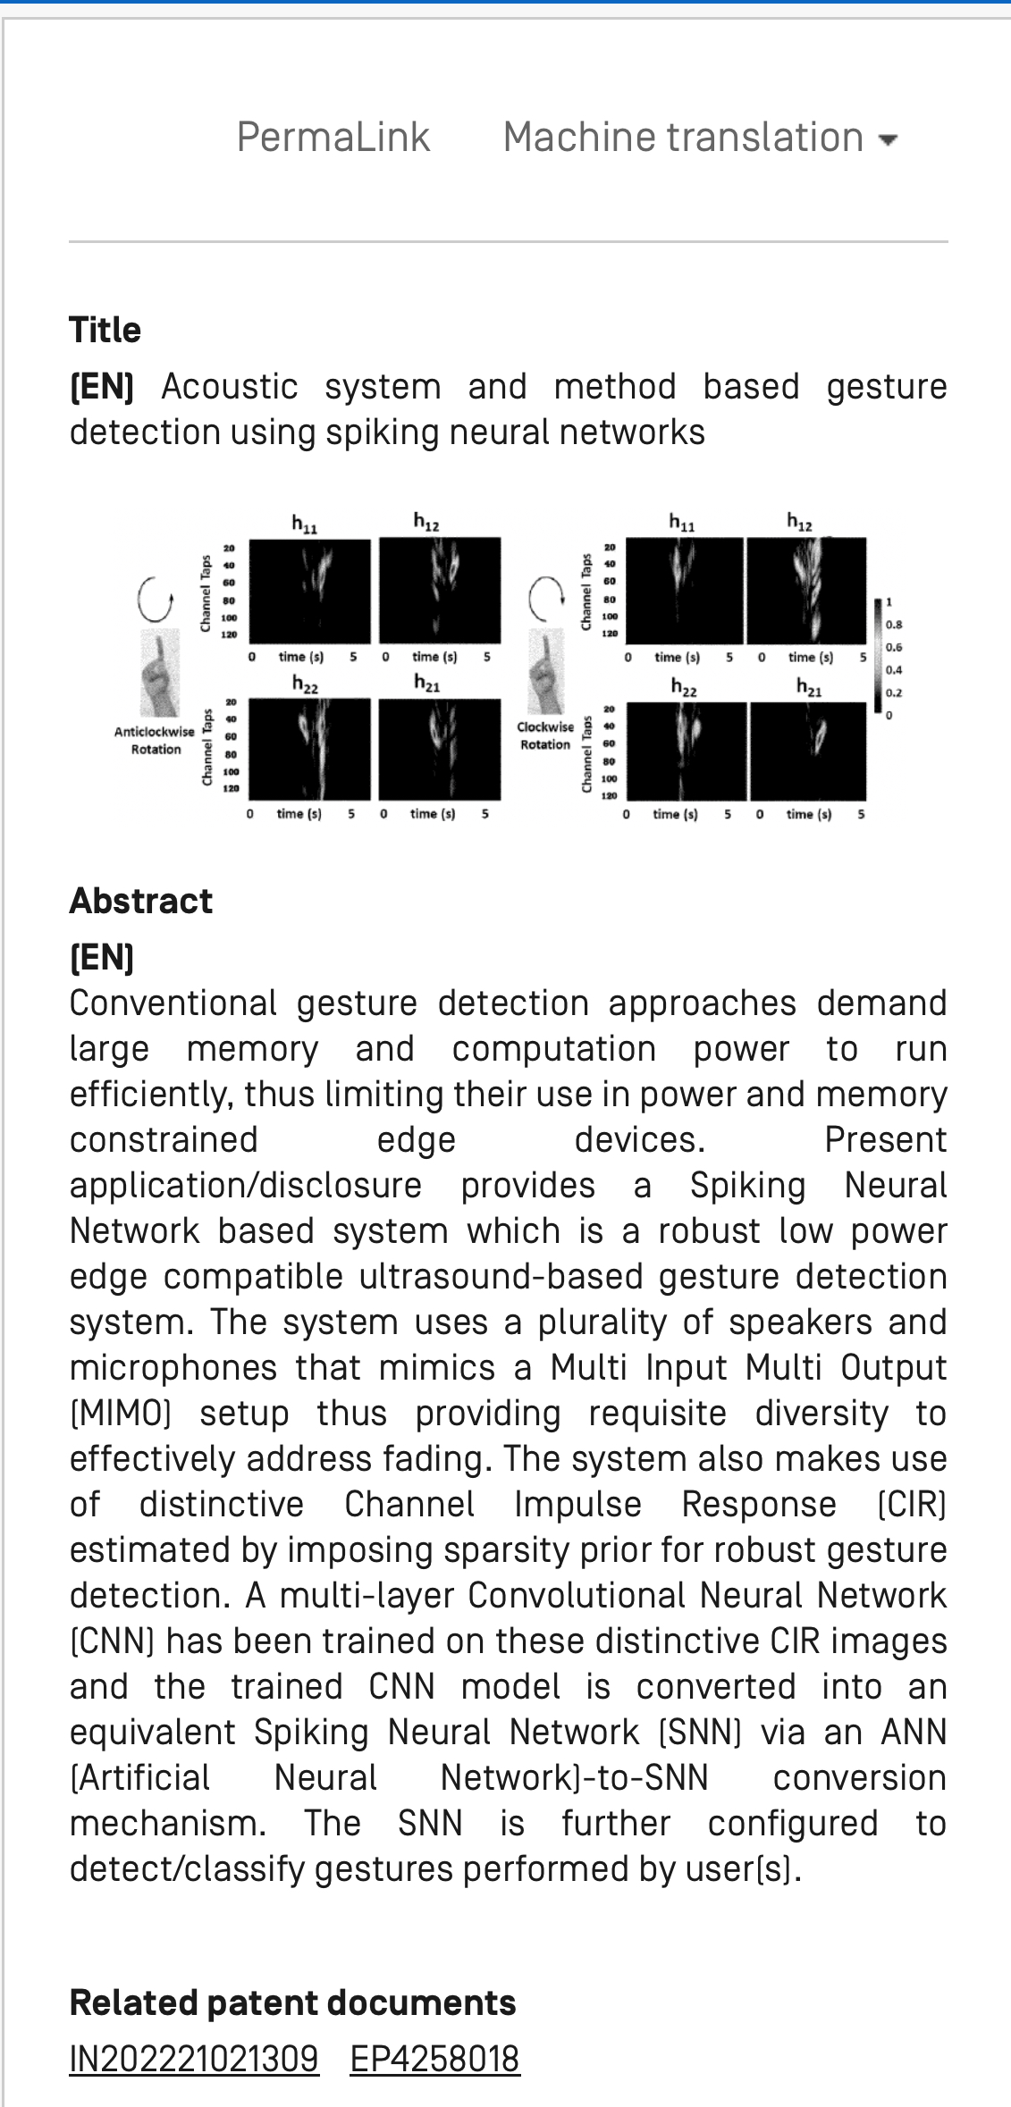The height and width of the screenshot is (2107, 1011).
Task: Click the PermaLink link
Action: [333, 138]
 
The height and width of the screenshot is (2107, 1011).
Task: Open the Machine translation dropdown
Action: [683, 138]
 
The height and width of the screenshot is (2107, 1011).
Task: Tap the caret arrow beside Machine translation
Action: [888, 140]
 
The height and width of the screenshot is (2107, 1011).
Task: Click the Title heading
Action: [105, 330]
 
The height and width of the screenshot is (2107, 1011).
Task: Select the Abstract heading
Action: [140, 901]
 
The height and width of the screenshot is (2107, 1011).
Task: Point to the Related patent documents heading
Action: [292, 2002]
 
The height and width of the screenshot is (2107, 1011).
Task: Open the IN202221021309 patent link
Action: [194, 2058]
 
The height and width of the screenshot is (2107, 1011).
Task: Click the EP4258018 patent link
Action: [434, 2058]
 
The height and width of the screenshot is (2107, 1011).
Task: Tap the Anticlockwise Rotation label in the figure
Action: [155, 741]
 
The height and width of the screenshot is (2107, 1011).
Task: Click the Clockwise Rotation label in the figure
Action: [545, 735]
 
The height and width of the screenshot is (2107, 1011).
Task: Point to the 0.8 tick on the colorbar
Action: [894, 625]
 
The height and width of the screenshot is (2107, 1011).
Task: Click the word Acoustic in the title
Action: [229, 387]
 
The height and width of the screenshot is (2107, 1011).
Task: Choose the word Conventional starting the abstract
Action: [173, 1003]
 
